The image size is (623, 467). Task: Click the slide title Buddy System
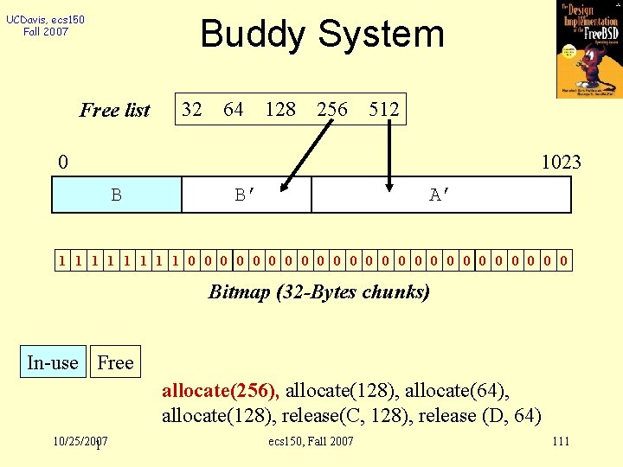[x=322, y=35]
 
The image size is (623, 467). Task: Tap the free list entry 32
[x=191, y=109]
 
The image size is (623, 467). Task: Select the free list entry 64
[x=233, y=109]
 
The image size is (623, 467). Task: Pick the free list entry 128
[x=280, y=109]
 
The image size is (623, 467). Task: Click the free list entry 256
[x=332, y=109]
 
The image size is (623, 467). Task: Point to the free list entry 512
[x=383, y=109]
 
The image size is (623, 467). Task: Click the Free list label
[x=115, y=110]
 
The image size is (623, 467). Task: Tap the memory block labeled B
[x=116, y=195]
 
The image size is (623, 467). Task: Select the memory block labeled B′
[x=246, y=195]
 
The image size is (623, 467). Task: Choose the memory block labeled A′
[x=440, y=195]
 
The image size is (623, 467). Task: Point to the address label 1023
[x=561, y=162]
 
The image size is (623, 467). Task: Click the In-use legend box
[x=53, y=362]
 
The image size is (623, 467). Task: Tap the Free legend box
[x=115, y=362]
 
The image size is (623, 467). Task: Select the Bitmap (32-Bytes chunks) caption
[x=318, y=291]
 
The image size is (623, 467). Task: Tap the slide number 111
[x=560, y=442]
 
